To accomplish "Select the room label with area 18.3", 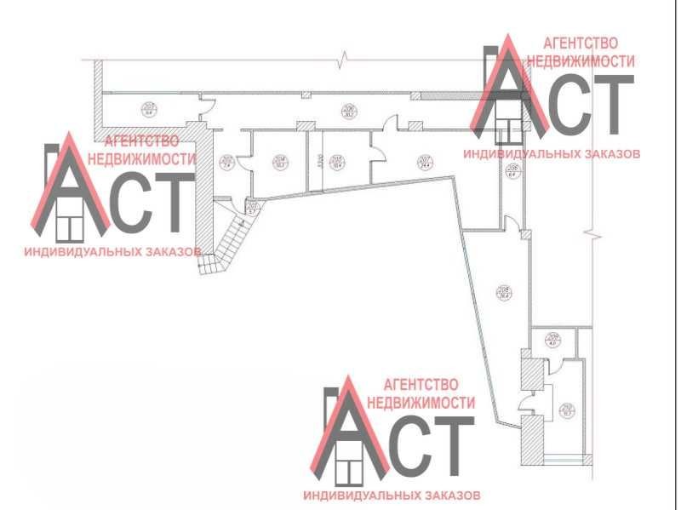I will point(278,162).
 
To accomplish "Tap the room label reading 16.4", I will point(336,162).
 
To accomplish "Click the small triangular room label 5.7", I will point(251,207).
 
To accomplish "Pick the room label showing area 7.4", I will point(226,162).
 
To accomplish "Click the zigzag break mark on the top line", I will point(344,59).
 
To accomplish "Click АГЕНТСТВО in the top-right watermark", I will point(581,43).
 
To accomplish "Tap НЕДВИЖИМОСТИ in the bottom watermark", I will point(421,401).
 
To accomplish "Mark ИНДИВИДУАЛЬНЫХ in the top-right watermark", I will point(518,155).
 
